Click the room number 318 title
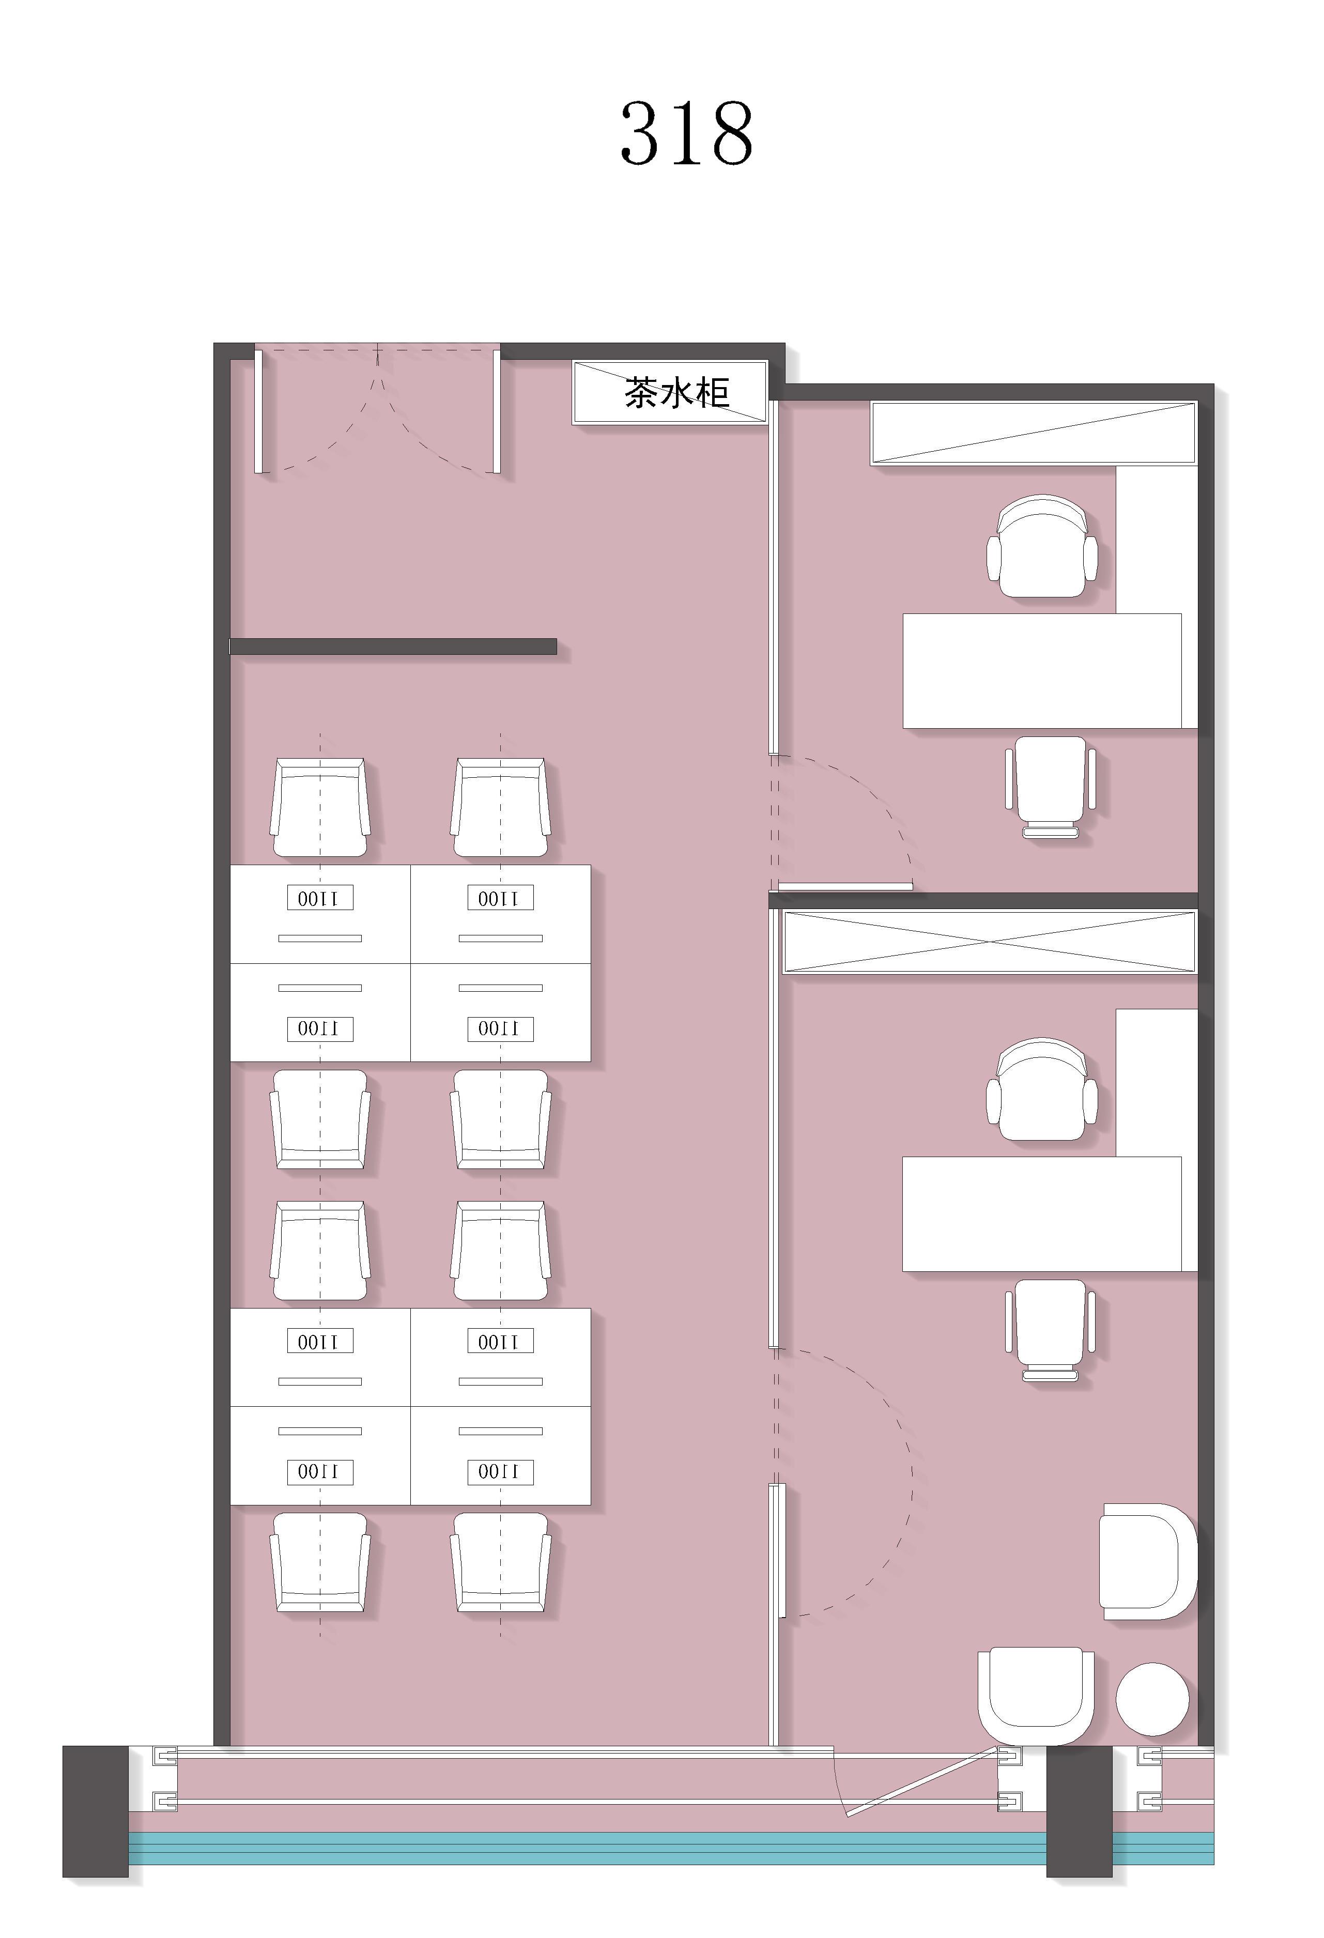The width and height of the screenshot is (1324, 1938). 686,133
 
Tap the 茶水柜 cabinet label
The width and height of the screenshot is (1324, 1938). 677,392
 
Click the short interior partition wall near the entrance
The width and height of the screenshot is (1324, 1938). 393,647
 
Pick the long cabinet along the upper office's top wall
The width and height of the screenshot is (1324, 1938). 1033,433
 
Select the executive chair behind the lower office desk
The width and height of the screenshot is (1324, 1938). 1042,1089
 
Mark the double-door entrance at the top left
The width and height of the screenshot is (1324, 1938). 378,409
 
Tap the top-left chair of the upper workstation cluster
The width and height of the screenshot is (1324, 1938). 320,807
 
